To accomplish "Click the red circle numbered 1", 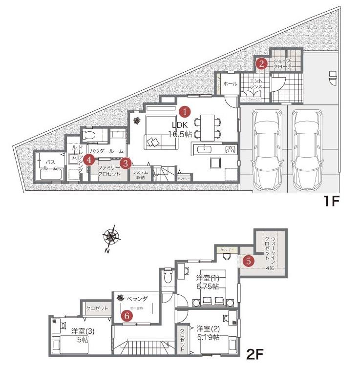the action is click(x=185, y=111).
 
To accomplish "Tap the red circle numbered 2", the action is click(x=262, y=63).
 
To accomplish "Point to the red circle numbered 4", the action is click(x=88, y=159).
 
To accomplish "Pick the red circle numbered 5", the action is click(x=249, y=261).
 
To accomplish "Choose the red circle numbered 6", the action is click(x=127, y=315).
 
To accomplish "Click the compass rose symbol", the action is click(x=112, y=237).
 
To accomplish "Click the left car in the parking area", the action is click(x=265, y=149).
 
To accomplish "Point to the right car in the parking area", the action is click(x=306, y=149).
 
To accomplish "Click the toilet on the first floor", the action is click(x=89, y=134).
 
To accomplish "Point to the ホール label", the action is click(x=230, y=84).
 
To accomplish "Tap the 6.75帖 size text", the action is click(x=207, y=286).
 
